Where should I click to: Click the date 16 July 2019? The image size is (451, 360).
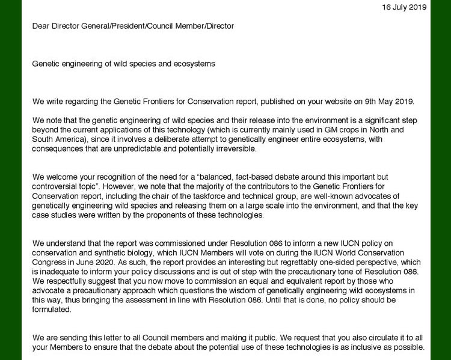(x=404, y=7)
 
